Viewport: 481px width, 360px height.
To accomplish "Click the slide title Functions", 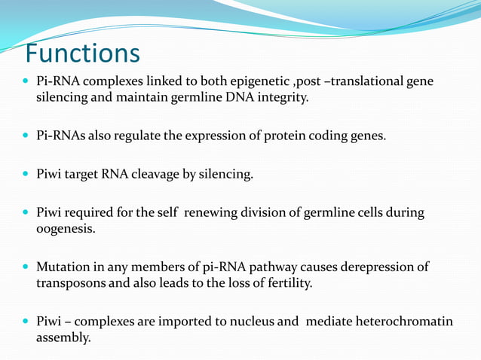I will pos(82,53).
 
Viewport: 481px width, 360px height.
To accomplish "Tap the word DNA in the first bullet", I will pos(226,97).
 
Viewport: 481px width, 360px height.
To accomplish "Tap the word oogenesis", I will pos(66,229).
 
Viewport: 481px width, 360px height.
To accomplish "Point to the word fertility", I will pos(285,283).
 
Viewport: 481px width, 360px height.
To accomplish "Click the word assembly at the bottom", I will pos(63,338).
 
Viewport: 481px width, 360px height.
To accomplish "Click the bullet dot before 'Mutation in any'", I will pos(27,267).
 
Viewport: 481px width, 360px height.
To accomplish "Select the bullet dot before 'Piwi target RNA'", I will pos(27,175).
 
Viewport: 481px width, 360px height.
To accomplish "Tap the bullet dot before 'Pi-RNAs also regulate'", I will pos(27,136).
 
